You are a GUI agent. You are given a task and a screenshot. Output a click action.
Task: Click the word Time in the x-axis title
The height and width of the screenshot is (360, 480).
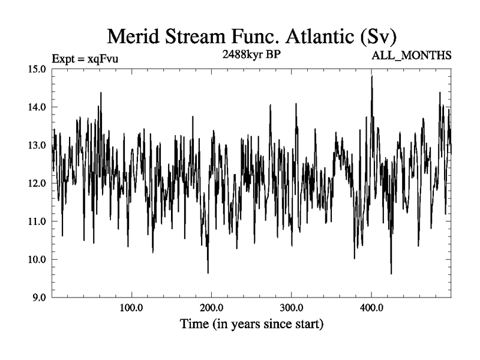[x=195, y=325]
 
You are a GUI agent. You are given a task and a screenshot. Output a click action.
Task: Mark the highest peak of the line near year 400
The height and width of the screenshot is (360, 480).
[x=372, y=76]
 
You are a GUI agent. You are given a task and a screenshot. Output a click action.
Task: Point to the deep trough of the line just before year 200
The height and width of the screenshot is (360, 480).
[x=208, y=273]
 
